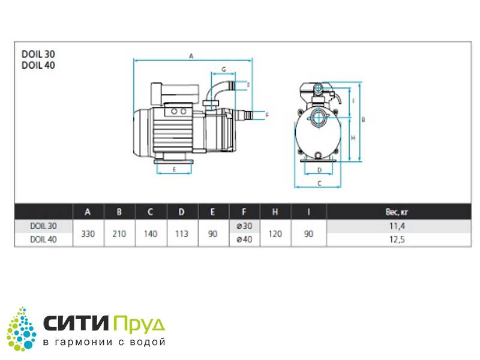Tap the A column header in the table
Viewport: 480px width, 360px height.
(88, 212)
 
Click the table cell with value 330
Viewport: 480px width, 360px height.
(88, 233)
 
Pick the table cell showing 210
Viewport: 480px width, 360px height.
(119, 233)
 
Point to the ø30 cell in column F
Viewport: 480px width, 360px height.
(244, 227)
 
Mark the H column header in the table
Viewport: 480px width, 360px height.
(275, 212)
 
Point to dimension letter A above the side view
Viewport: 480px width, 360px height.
(191, 56)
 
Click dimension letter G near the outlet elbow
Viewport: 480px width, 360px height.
(223, 70)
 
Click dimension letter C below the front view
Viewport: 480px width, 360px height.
(319, 182)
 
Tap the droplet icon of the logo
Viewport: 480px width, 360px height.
(22, 329)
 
